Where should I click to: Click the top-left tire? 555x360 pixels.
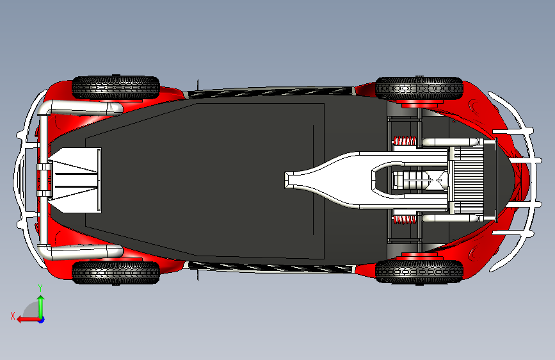tap(115, 87)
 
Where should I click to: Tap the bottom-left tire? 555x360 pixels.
tap(115, 272)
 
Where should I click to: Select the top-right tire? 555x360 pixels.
tap(419, 88)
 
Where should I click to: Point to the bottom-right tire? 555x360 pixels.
tap(419, 271)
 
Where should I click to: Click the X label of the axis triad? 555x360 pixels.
tap(13, 315)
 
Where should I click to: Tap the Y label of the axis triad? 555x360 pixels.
tap(40, 288)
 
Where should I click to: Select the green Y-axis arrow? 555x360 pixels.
tap(40, 304)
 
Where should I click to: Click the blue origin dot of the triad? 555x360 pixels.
tap(41, 319)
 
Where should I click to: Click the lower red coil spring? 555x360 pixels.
tap(403, 220)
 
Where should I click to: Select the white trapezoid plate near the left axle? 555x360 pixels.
tap(76, 180)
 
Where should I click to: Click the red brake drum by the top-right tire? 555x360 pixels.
tap(420, 102)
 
